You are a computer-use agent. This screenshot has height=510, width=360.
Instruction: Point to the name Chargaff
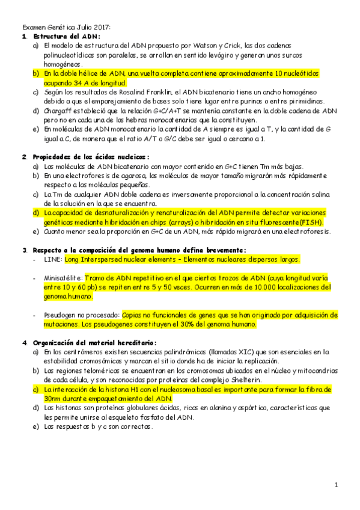[x=59, y=111]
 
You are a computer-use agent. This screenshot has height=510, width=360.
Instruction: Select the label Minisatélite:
[x=63, y=278]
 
